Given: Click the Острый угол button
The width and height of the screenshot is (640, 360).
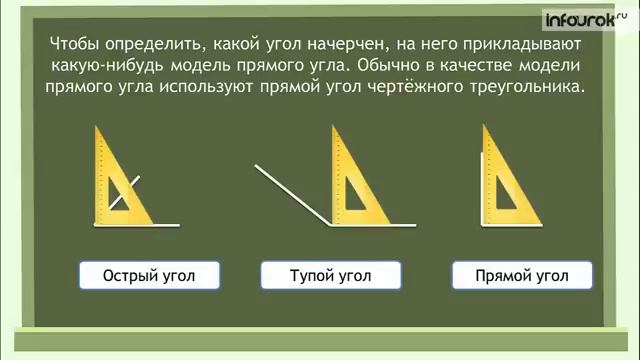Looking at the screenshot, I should [x=149, y=275].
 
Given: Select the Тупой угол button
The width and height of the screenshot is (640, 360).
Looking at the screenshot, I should [x=330, y=275].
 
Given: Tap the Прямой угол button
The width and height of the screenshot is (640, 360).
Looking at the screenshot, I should [x=521, y=275].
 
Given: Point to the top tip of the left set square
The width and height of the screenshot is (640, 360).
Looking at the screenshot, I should [x=98, y=128].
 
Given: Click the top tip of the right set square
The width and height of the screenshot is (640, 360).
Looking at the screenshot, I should [x=485, y=127].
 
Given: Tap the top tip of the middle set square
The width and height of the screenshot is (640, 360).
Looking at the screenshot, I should [x=335, y=127].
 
